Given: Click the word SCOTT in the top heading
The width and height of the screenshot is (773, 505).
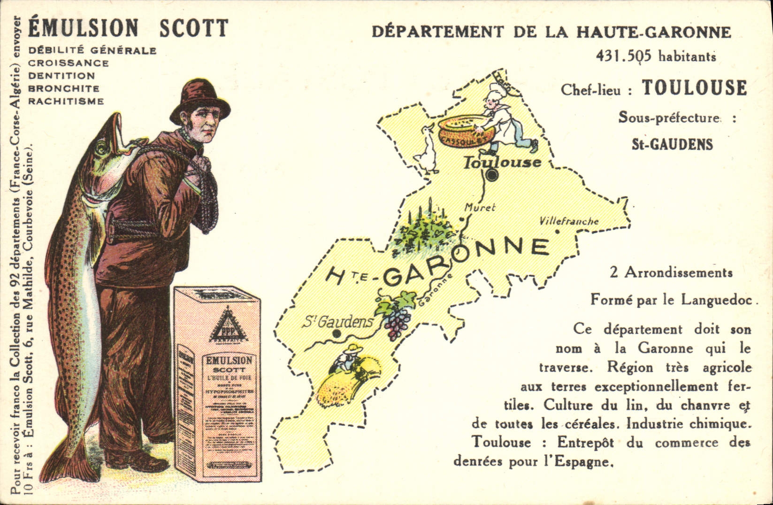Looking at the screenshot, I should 193,28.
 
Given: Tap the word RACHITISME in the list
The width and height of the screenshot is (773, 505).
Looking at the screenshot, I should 66,101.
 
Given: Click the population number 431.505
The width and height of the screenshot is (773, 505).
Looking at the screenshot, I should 624,56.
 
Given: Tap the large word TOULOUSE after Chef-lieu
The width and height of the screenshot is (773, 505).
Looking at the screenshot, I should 694,88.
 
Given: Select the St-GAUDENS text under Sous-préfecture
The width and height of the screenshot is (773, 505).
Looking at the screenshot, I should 672,144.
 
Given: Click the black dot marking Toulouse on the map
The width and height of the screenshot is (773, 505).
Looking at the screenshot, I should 492,176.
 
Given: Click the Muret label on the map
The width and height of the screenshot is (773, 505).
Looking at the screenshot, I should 480,207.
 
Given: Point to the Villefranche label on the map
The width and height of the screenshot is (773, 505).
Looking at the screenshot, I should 569,221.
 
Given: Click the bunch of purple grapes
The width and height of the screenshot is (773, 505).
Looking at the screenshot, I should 397,322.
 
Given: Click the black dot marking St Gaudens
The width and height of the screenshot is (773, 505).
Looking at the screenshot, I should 336,333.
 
